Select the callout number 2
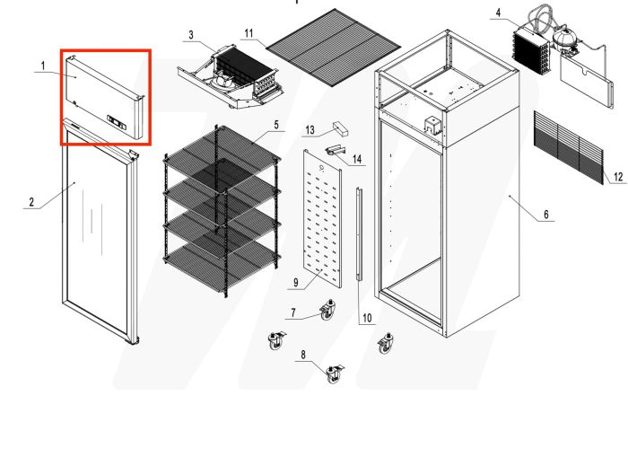point(31,203)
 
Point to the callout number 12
point(618,178)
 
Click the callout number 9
point(294,283)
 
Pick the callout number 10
point(366,317)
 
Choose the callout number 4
point(498,13)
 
